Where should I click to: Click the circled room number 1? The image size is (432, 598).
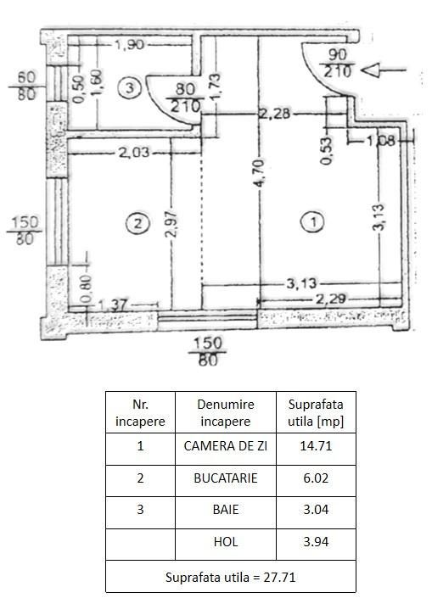(x=313, y=222)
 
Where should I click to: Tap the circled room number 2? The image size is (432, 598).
(x=137, y=223)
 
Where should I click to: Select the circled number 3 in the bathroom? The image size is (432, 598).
(x=130, y=87)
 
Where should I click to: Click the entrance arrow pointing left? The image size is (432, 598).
(x=383, y=70)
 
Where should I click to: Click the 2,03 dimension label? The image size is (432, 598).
(x=133, y=153)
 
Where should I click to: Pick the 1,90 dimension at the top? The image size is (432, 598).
(x=130, y=45)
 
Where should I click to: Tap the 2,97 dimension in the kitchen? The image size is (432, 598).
(x=172, y=224)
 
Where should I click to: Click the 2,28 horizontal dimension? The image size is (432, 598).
(x=275, y=114)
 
